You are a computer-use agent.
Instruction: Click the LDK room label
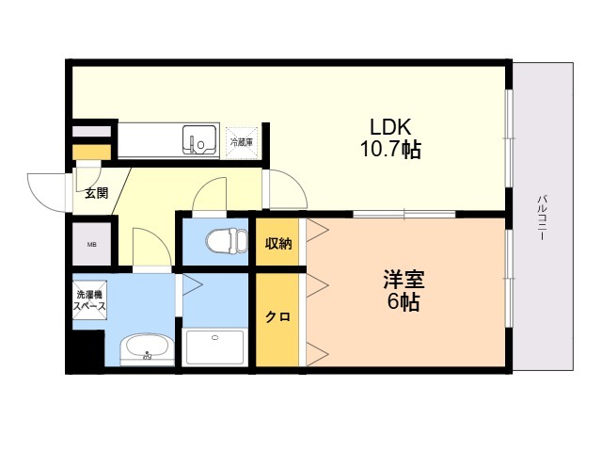pos(390,127)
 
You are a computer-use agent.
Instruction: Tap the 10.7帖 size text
pos(390,150)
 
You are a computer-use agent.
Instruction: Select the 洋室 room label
pos(404,280)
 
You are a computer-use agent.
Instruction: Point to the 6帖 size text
pos(403,302)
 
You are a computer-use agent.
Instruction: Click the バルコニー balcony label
pos(542,218)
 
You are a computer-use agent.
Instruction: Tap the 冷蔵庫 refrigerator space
pos(242,142)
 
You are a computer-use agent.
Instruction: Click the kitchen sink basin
pos(199,139)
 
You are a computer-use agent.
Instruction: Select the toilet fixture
pos(227,241)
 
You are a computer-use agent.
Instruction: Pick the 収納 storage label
pos(278,243)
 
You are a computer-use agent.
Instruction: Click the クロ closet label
pos(278,316)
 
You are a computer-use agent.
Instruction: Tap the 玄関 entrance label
pos(96,192)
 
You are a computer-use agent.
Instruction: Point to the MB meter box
pos(92,244)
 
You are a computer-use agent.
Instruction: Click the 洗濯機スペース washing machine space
pos(89,300)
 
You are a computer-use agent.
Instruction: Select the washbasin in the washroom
pos(147,349)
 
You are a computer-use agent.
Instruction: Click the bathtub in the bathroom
pos(214,347)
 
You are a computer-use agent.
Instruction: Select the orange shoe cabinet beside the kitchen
pos(92,153)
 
